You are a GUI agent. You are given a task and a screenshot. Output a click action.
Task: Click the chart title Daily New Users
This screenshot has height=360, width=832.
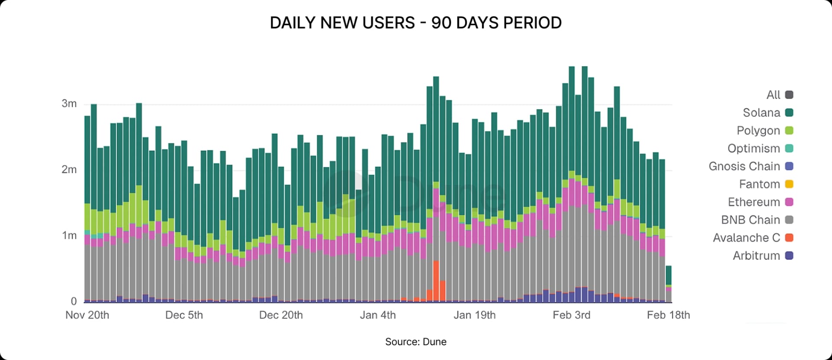pos(415,23)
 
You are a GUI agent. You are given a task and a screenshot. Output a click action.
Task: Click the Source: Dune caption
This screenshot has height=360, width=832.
pos(415,342)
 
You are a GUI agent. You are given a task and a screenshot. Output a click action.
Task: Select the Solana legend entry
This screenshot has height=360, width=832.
pos(761,113)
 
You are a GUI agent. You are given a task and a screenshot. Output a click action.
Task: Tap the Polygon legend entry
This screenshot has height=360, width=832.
pos(758,130)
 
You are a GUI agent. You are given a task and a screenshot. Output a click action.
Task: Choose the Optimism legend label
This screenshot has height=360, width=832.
pos(754,149)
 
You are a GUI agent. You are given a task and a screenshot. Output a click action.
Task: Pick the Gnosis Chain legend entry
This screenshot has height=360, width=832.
pos(744,166)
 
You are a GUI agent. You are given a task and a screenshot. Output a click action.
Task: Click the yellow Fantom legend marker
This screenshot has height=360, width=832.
pos(789,184)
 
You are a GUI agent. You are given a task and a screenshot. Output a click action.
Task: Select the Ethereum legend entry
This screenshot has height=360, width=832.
pos(754,202)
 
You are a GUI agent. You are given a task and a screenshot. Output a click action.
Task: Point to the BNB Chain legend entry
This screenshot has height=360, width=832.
pos(750,220)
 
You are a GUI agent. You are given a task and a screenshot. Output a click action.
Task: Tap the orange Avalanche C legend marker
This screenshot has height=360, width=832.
pos(789,238)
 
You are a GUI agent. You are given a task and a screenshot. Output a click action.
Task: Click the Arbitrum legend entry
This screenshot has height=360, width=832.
pos(756,256)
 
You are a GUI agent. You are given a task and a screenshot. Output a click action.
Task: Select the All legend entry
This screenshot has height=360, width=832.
pos(773,95)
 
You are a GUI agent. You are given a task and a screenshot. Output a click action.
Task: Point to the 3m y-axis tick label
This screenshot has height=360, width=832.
pos(69,104)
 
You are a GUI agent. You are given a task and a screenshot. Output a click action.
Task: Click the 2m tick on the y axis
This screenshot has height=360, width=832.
pos(69,169)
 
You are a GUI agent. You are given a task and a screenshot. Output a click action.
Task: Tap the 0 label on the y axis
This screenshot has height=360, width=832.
pos(74,301)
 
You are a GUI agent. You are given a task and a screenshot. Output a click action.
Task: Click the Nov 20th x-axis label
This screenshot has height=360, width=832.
pos(87,315)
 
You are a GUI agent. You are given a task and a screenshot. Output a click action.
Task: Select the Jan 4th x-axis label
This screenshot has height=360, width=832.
pos(377,315)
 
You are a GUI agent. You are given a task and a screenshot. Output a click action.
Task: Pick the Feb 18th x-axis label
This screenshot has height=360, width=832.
pos(668,315)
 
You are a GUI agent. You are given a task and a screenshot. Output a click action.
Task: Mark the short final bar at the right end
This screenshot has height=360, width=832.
pos(669,284)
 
